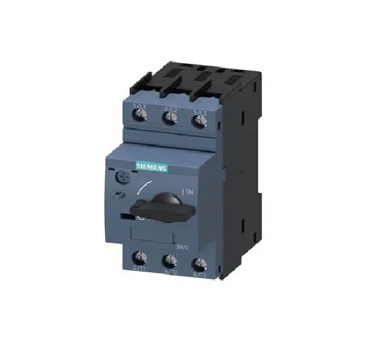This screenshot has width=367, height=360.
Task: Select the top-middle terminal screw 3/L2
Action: coord(170,118)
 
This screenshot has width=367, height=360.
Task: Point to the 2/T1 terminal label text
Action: coord(139,270)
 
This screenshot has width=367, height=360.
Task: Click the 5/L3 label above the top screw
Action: coord(200,110)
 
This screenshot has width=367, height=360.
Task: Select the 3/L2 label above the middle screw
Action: coord(170,107)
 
